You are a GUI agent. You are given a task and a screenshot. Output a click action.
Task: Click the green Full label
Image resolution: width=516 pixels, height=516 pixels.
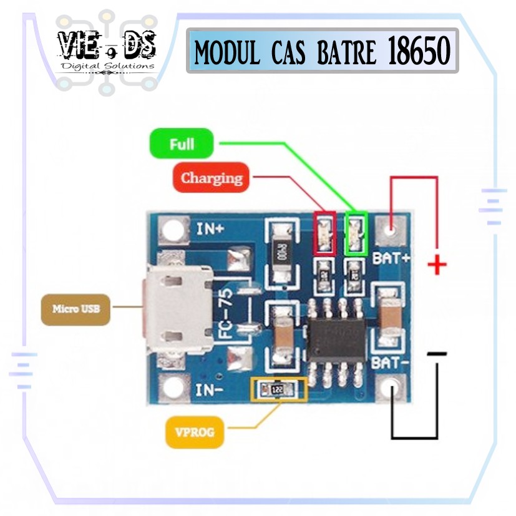pyautogui.click(x=182, y=144)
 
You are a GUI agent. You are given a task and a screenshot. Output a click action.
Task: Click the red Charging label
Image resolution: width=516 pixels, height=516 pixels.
pyautogui.click(x=212, y=178)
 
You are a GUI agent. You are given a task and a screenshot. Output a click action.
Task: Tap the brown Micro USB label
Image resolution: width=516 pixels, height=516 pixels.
pyautogui.click(x=75, y=308)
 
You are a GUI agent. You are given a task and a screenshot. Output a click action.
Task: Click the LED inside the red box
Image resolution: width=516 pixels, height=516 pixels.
pyautogui.click(x=324, y=234)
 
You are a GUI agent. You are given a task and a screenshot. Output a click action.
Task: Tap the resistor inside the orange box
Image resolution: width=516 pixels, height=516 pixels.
pyautogui.click(x=278, y=389)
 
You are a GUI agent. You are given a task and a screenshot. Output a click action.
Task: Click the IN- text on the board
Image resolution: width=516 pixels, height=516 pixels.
pyautogui.click(x=210, y=391)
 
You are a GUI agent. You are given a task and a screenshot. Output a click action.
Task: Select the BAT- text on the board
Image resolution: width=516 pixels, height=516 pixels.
pyautogui.click(x=389, y=362)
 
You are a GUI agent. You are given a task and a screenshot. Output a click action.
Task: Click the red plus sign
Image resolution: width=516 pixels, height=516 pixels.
pyautogui.click(x=437, y=266)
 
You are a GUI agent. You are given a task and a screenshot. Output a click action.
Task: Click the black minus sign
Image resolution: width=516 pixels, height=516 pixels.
pyautogui.click(x=437, y=354)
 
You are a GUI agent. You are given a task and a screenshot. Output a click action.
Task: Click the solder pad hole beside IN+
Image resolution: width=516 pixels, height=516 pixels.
pyautogui.click(x=172, y=229)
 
